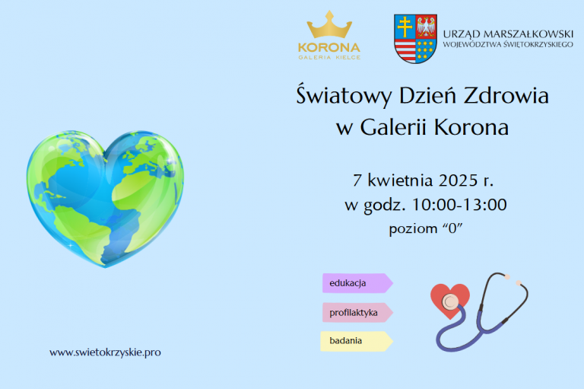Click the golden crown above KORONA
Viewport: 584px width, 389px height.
pos(329,24)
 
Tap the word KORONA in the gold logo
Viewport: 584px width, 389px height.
pos(329,48)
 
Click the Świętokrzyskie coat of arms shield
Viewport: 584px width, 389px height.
pos(415,39)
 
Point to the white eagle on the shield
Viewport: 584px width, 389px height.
pos(426,26)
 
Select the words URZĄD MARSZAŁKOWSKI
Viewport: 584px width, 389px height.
pos(508,34)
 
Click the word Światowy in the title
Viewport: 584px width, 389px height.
pos(344,95)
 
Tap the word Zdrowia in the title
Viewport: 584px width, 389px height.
pos(506,95)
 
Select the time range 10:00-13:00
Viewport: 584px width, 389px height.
pos(459,205)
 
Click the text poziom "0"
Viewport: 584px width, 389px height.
pos(426,228)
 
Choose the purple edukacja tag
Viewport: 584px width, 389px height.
pos(357,283)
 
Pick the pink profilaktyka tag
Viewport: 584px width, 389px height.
pos(357,313)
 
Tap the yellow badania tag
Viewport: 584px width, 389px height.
pos(357,341)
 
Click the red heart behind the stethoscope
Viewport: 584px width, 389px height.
pos(450,298)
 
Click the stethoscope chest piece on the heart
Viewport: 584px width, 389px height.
pos(451,300)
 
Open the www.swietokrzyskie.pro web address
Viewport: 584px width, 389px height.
pos(105,352)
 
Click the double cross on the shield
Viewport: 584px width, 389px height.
pos(405,27)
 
